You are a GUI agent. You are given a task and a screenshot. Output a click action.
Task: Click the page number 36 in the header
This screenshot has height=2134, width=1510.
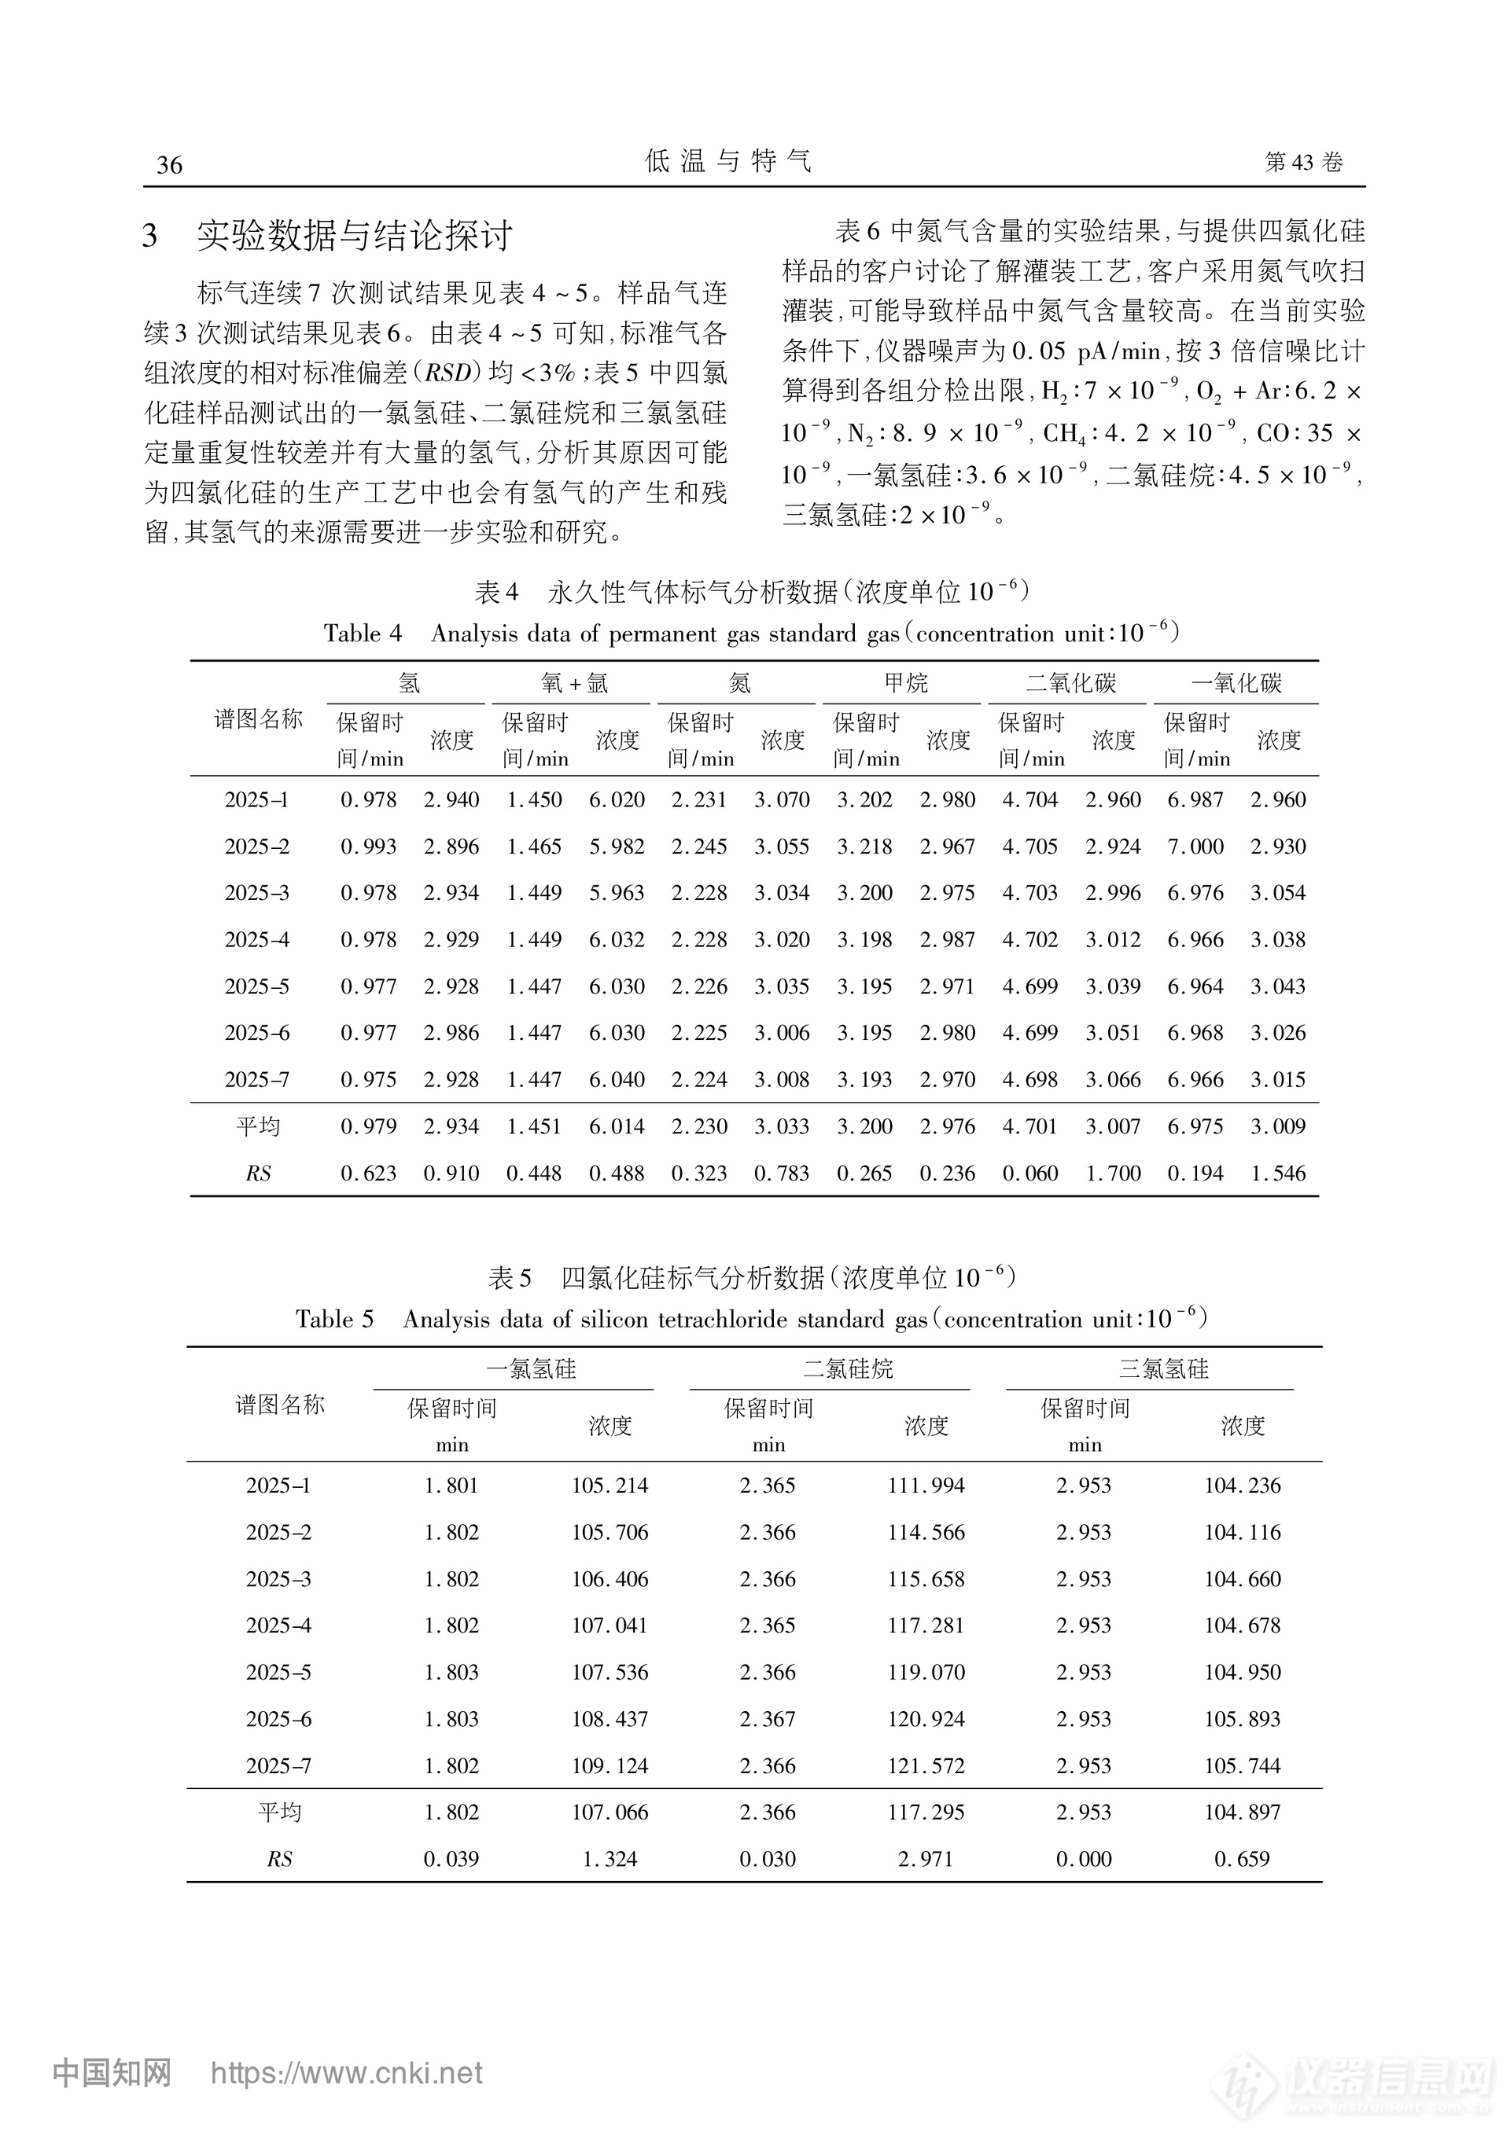[169, 165]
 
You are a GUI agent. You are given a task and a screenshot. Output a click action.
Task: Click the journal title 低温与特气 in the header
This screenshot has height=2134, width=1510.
[728, 162]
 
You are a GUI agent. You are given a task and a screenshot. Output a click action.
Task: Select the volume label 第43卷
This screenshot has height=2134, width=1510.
[1304, 163]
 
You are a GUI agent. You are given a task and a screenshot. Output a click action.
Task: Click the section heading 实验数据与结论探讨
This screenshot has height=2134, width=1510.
[354, 236]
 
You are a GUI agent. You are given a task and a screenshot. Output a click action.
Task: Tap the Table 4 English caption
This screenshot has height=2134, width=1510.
[751, 634]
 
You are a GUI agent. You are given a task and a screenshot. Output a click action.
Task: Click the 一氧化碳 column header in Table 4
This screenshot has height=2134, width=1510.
[1236, 684]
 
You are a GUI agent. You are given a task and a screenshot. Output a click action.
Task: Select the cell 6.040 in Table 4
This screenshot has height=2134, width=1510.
[617, 1080]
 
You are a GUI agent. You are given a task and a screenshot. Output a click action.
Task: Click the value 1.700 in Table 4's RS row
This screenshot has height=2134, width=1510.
[1113, 1174]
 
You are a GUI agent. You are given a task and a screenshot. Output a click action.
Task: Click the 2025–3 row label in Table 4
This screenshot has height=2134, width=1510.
[256, 893]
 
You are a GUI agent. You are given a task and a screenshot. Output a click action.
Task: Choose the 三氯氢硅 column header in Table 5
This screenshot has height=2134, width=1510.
[1163, 1369]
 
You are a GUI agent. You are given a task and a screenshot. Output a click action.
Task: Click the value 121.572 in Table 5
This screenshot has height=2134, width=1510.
[926, 1766]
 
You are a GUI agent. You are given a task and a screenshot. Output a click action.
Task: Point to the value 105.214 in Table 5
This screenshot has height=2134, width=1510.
[610, 1486]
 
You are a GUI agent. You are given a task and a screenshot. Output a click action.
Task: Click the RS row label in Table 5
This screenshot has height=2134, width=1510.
[279, 1859]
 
